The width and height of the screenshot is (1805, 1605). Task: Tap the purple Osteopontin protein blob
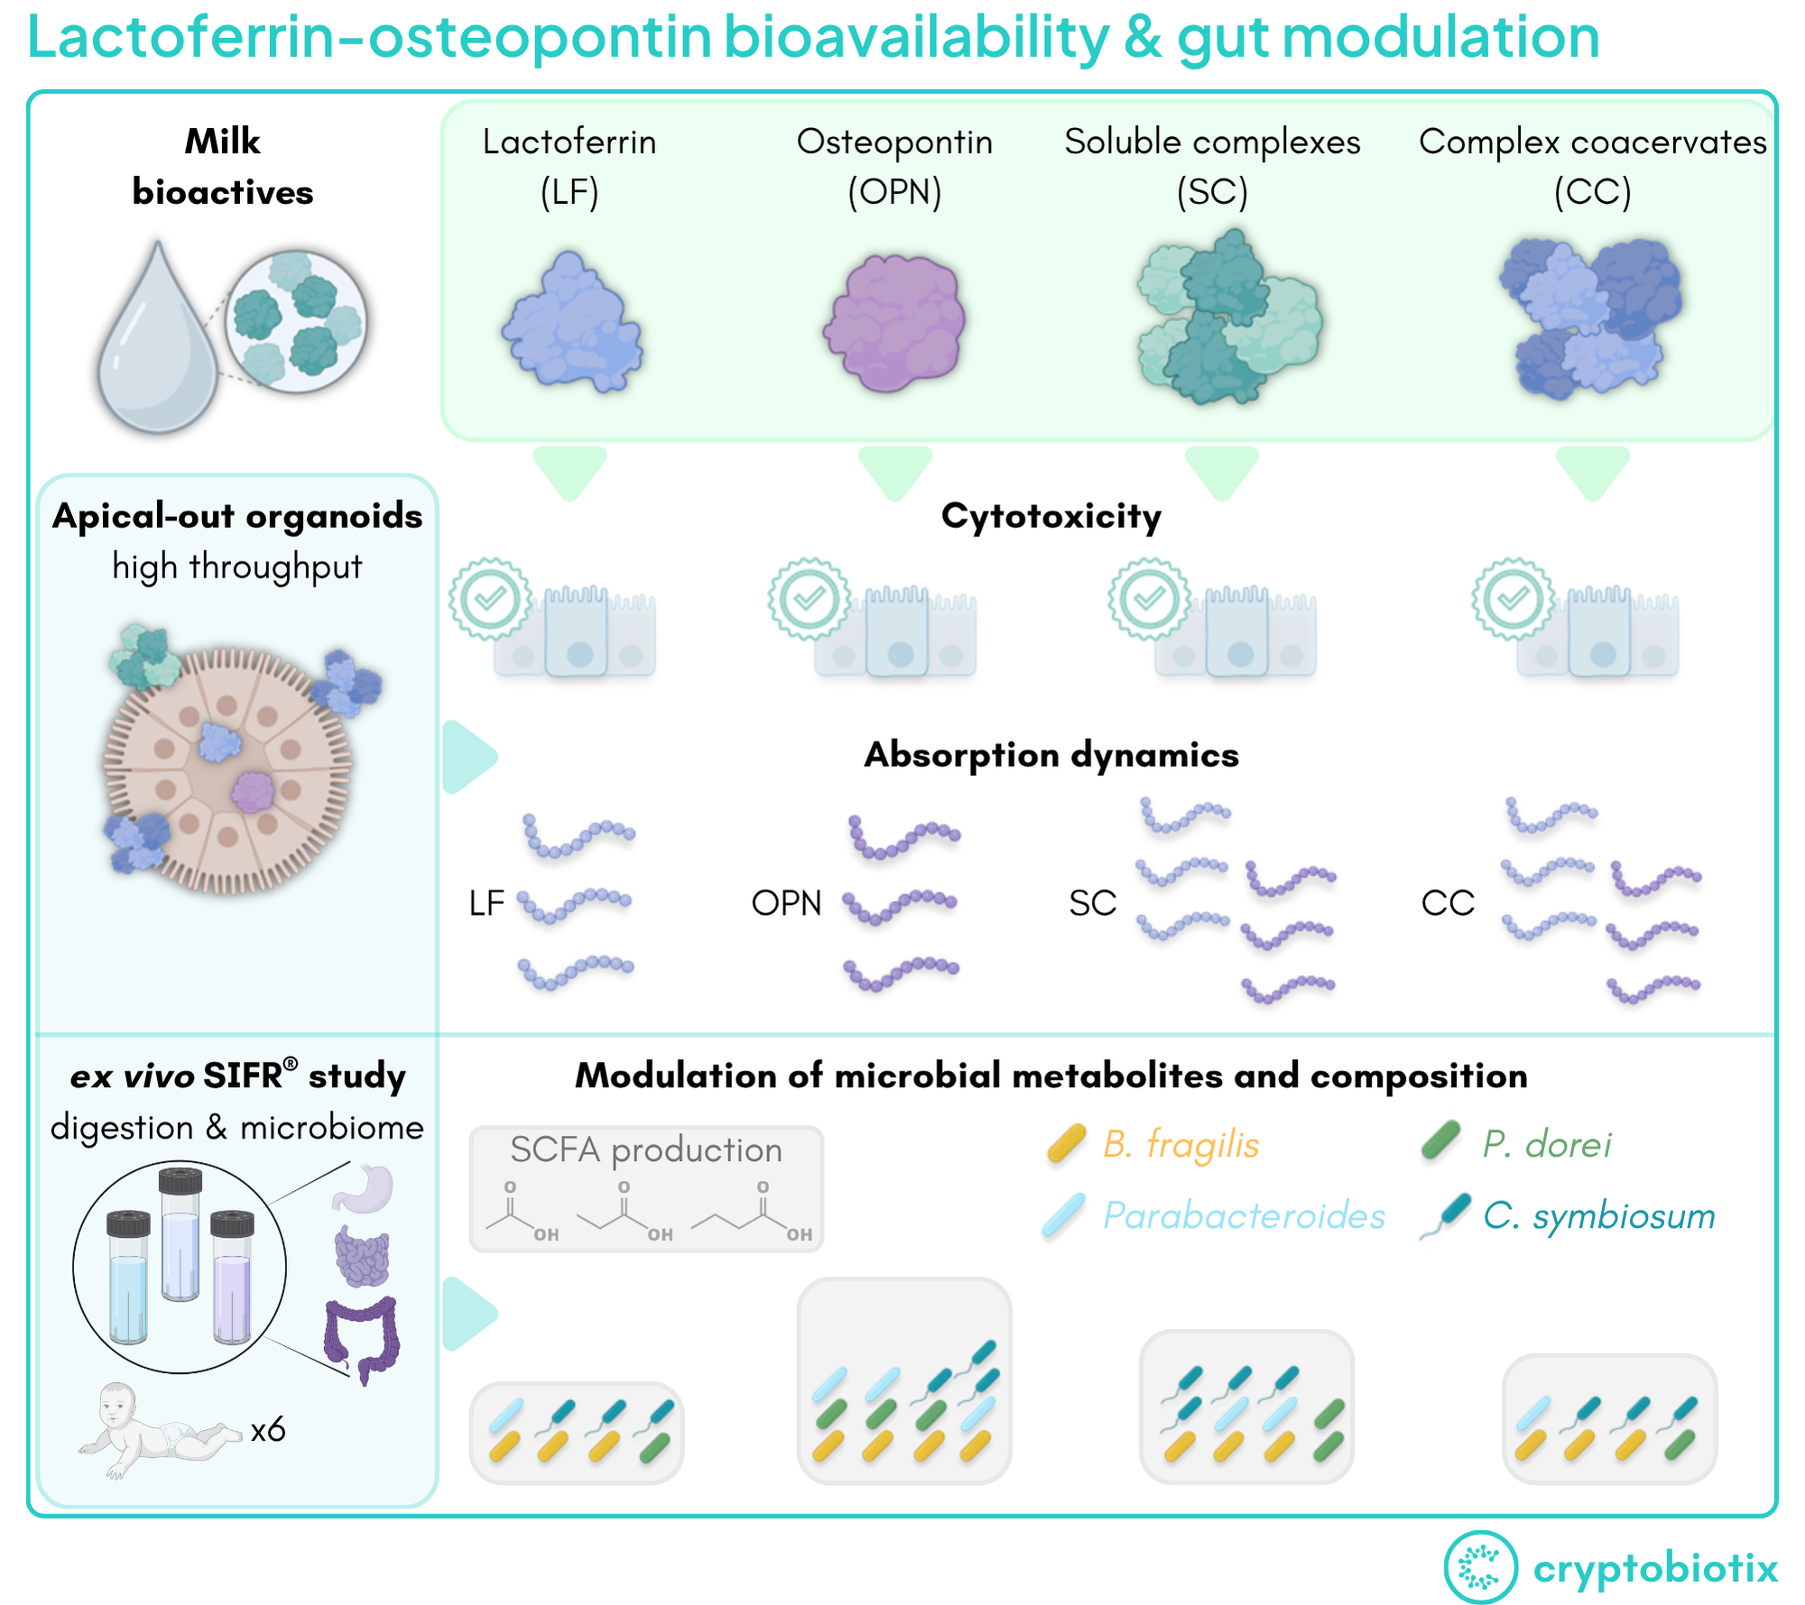894,322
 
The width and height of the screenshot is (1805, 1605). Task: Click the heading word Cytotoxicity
1051,517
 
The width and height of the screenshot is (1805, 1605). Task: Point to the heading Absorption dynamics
1051,755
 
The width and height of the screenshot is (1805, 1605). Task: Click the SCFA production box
646,1188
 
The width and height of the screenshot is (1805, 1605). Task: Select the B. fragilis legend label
1180,1145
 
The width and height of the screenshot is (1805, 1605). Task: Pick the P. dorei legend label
1547,1145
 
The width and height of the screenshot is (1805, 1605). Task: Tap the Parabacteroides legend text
1244,1216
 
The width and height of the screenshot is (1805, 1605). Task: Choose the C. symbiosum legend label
1598,1216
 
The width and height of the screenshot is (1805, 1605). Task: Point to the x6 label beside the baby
268,1430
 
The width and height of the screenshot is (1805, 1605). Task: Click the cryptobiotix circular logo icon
1480,1567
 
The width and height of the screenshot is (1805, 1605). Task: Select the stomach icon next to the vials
364,1188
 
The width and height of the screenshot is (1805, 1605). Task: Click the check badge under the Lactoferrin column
490,599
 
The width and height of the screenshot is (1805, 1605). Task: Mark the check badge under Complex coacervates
1513,599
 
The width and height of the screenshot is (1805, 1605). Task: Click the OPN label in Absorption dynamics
786,903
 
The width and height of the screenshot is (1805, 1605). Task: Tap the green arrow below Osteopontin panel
894,470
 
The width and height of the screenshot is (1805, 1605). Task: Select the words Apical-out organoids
237,517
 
